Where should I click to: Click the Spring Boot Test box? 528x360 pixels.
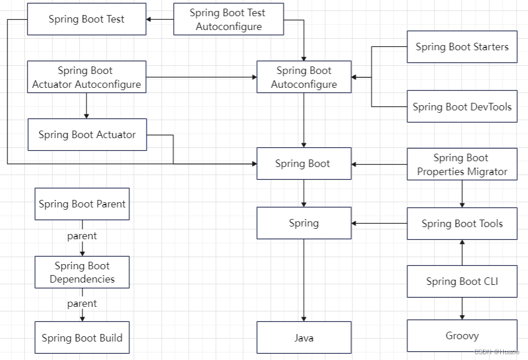[x=87, y=19]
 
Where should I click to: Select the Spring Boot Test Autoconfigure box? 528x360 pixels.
[x=228, y=19]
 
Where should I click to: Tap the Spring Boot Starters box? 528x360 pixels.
[x=462, y=47]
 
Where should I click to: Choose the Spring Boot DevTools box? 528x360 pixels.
[x=462, y=107]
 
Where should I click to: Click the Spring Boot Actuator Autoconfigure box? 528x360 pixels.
[x=87, y=77]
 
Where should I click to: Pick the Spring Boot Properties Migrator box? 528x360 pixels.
[x=462, y=165]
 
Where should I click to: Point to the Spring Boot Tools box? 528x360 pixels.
[x=462, y=224]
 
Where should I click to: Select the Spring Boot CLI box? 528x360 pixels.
[x=462, y=281]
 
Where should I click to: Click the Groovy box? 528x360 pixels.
[x=462, y=336]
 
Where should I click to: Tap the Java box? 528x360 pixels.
[x=304, y=337]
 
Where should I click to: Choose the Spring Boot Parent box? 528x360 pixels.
[x=82, y=204]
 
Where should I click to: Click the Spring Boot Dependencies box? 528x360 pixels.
[x=82, y=272]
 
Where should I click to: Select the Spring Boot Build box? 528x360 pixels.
[x=82, y=338]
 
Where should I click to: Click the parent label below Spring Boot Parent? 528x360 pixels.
[x=82, y=236]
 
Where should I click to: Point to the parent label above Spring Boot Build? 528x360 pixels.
[x=82, y=303]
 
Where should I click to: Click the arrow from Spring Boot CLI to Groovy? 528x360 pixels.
[x=462, y=309]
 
